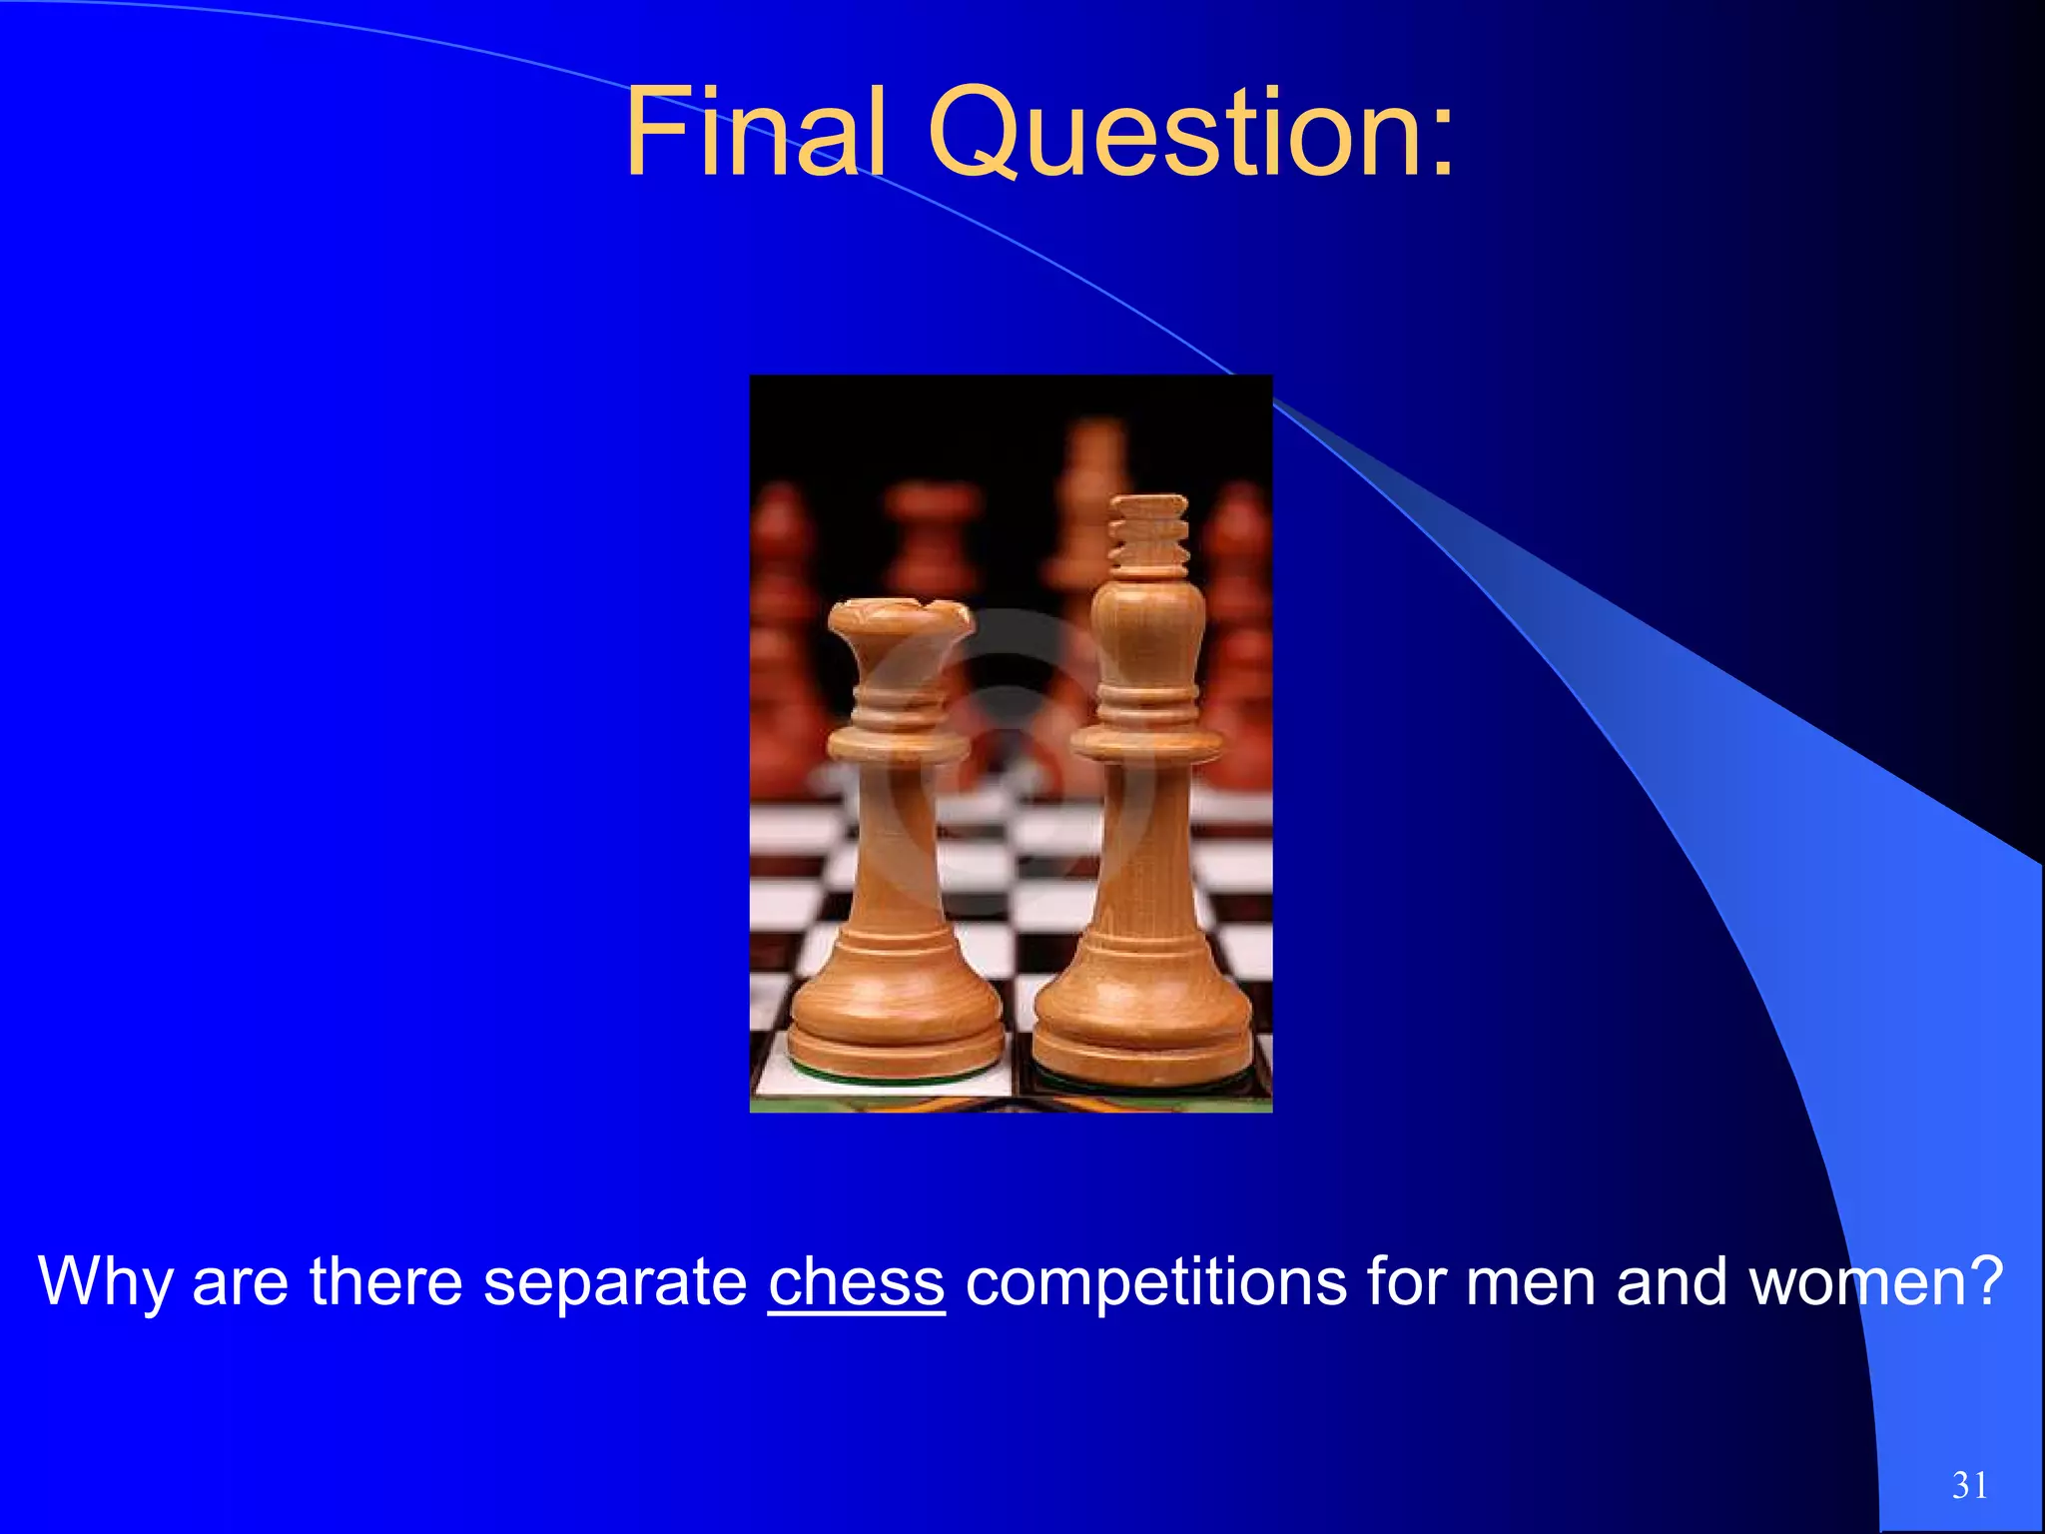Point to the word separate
pos(615,1283)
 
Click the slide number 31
pos(1969,1485)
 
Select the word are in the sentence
pos(240,1283)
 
